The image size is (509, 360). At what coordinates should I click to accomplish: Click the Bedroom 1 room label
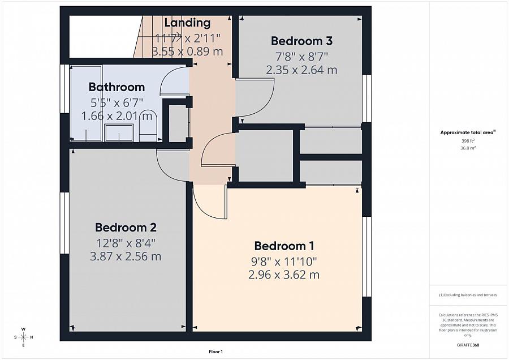point(284,246)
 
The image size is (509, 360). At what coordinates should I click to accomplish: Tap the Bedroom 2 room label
point(126,228)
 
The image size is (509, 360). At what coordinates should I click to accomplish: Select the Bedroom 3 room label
point(301,41)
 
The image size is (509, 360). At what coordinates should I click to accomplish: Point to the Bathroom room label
point(117,87)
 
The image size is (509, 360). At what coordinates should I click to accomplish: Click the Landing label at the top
point(187,23)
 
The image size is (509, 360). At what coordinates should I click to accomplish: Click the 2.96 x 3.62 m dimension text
point(284,275)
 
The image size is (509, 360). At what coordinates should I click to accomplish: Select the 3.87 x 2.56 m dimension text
point(126,256)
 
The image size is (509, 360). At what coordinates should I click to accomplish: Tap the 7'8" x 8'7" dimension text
point(301,57)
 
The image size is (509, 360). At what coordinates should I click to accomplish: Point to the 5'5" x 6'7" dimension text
point(117,102)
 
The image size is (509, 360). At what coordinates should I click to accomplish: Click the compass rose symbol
point(23,337)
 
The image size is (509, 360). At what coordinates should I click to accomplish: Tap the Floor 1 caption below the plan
point(215,352)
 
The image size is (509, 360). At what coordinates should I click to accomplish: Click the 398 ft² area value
point(468,141)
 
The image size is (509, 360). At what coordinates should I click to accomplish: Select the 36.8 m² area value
point(468,148)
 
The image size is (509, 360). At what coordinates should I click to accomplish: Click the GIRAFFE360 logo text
point(468,345)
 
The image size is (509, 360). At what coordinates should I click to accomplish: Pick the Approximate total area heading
point(468,132)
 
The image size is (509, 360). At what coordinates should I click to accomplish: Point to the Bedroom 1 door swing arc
point(204,207)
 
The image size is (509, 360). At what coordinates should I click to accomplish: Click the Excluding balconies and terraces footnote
point(468,295)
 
